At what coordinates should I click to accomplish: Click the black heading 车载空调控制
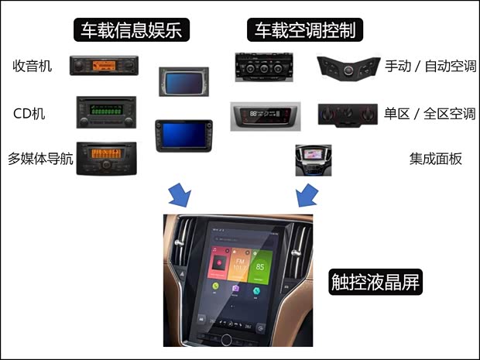(306, 30)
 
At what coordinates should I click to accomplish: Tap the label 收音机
(33, 67)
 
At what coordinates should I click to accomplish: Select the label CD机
(29, 114)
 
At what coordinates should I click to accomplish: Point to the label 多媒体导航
(40, 159)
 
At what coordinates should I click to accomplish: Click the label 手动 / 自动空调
(430, 67)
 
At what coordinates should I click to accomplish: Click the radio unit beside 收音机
(104, 67)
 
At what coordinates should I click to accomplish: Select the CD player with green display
(106, 112)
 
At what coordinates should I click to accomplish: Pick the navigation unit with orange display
(106, 157)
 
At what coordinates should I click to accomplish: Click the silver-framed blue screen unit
(183, 81)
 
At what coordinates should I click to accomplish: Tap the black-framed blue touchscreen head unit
(183, 135)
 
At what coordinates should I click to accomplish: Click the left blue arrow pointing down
(182, 194)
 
